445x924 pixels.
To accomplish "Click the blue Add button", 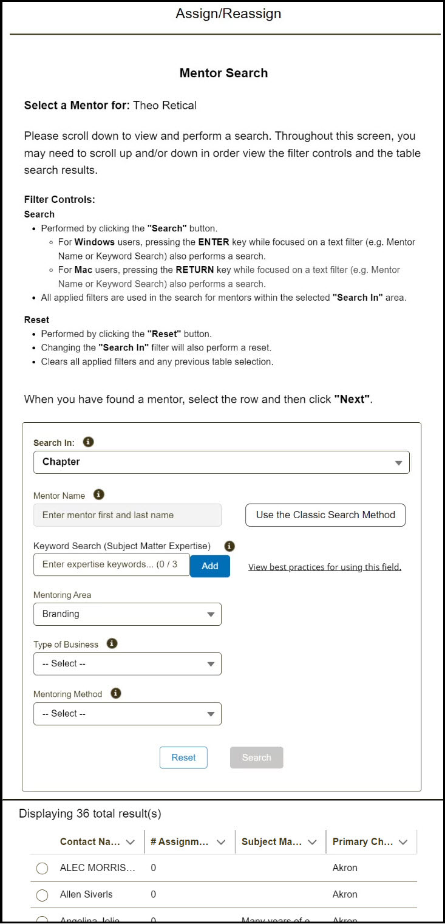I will [209, 566].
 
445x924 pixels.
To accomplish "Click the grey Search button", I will [256, 758].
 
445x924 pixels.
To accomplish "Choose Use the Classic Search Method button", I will [325, 515].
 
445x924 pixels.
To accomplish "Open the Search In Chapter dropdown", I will [221, 462].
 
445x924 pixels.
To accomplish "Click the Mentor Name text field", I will [127, 515].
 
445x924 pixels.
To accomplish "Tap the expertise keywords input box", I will [112, 564].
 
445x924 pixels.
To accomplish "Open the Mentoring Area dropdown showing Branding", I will [127, 614].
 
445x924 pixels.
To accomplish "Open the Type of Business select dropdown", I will [127, 664].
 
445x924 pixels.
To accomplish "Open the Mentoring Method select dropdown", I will [127, 714].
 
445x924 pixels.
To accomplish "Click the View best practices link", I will [325, 567].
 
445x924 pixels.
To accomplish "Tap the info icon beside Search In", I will [88, 442].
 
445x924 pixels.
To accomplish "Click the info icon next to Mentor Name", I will [99, 495].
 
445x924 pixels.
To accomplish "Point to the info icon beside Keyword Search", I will [229, 546].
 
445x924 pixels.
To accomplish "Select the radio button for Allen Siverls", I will [42, 895].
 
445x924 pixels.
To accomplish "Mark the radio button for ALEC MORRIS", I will [42, 869].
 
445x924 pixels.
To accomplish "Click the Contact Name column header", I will [86, 842].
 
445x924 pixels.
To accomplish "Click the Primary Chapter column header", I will [362, 842].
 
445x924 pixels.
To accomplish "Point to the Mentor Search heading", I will [223, 74].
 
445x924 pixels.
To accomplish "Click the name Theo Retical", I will [165, 106].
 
